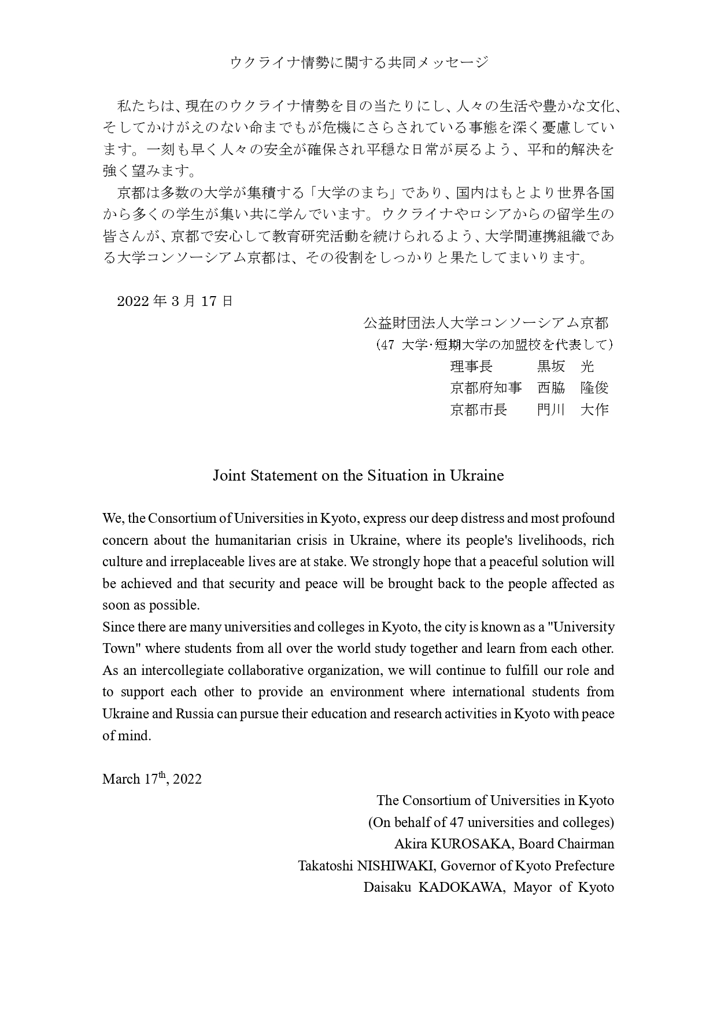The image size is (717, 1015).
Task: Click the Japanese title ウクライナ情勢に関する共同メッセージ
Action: click(358, 62)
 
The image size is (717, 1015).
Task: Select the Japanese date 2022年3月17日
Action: click(175, 301)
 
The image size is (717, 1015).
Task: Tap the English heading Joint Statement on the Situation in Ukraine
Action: click(358, 475)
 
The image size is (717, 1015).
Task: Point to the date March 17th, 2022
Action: click(152, 779)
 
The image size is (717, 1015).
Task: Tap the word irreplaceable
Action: click(208, 562)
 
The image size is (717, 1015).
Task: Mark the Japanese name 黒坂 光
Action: click(565, 366)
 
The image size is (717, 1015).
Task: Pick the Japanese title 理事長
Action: click(471, 366)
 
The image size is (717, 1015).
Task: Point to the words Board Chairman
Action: click(566, 844)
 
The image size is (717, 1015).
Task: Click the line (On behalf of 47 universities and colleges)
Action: click(491, 822)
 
